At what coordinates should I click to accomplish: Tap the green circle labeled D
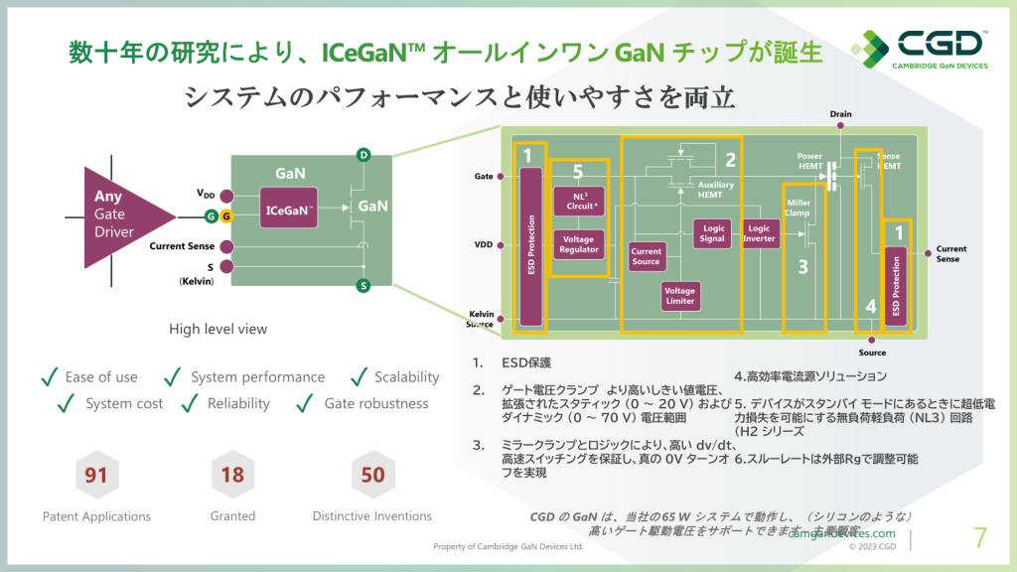[x=363, y=155]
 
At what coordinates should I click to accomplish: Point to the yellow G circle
[x=225, y=216]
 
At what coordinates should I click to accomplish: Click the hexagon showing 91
[x=95, y=475]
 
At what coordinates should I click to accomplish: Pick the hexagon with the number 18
[x=232, y=475]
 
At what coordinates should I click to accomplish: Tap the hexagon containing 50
[x=372, y=475]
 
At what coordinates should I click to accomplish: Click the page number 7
[x=980, y=538]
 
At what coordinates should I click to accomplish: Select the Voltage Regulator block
[x=579, y=243]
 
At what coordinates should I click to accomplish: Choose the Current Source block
[x=646, y=256]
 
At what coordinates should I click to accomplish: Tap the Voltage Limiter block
[x=681, y=295]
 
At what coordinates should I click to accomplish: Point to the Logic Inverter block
[x=759, y=233]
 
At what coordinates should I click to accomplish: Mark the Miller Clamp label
[x=799, y=207]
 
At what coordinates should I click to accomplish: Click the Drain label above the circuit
[x=840, y=114]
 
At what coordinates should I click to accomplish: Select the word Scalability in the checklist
[x=406, y=377]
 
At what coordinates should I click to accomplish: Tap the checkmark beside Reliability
[x=190, y=403]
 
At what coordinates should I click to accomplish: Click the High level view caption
[x=218, y=329]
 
